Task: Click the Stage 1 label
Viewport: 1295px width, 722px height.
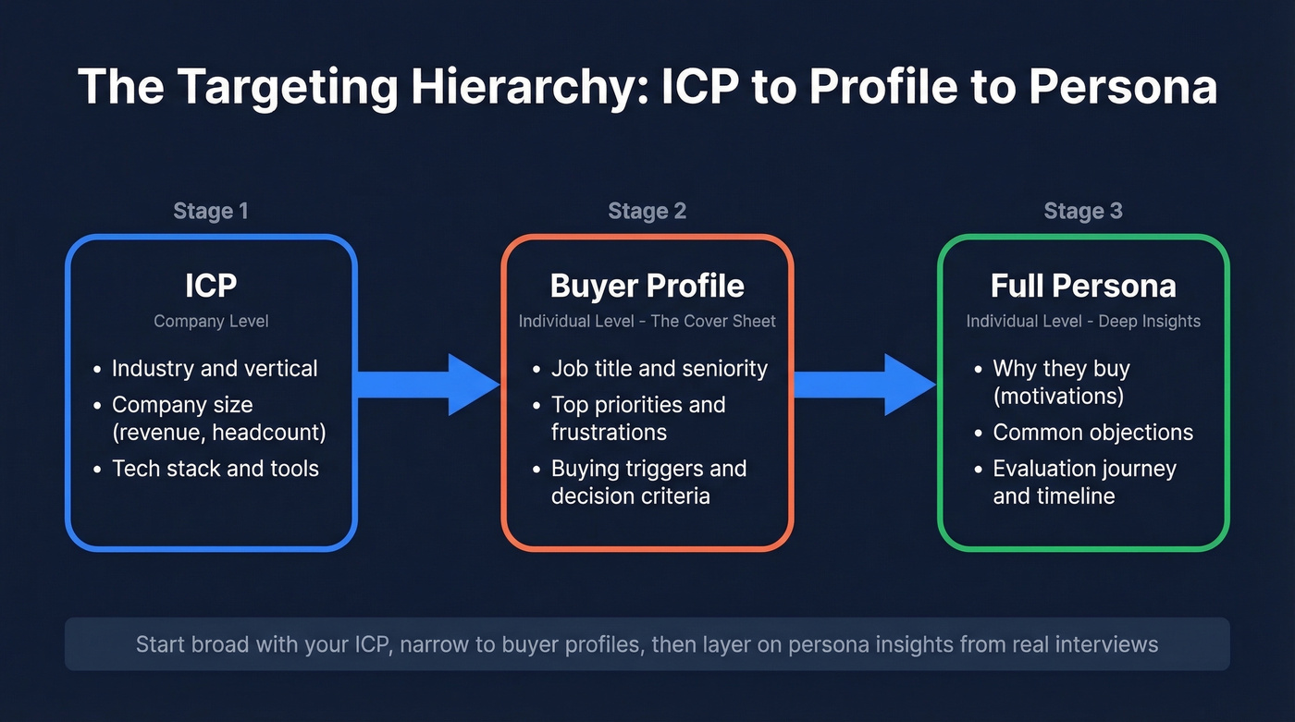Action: click(211, 211)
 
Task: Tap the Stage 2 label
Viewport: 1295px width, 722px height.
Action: click(647, 211)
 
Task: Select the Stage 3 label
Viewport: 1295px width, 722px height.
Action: click(1083, 211)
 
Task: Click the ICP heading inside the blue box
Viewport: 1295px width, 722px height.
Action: click(211, 286)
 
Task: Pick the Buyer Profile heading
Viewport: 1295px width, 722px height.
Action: click(647, 286)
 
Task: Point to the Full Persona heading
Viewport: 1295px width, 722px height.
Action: click(1083, 286)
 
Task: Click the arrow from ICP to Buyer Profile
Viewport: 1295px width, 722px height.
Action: click(428, 384)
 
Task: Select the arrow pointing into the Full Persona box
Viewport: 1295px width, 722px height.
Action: click(865, 384)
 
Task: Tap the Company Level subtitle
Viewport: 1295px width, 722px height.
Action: click(211, 322)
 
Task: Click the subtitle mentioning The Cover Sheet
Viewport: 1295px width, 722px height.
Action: click(647, 322)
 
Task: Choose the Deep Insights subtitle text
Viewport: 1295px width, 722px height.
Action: click(1083, 322)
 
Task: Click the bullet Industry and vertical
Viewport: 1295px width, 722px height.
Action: click(215, 368)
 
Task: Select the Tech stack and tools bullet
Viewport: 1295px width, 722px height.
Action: click(216, 469)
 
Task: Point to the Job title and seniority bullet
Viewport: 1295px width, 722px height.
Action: click(660, 368)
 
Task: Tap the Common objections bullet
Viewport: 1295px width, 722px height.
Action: click(1093, 432)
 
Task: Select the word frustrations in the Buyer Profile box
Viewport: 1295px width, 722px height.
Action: click(609, 432)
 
